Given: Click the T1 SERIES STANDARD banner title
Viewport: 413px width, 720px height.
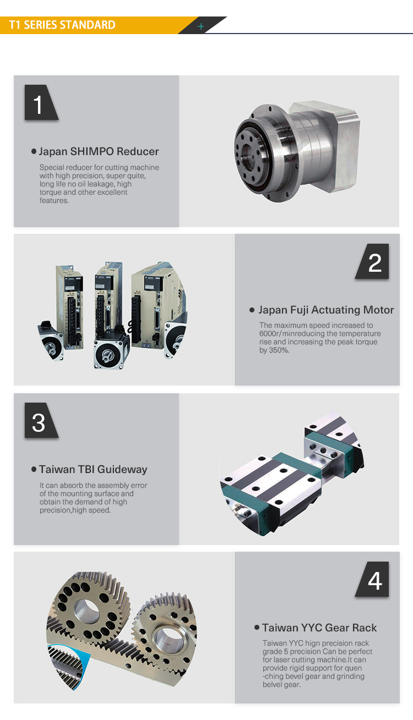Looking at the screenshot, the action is pos(62,25).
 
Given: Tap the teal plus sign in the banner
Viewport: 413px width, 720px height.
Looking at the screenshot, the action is pos(200,26).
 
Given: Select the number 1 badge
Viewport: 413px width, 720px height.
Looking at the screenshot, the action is pos(41,102).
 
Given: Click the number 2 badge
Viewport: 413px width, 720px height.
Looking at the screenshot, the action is pos(373,261).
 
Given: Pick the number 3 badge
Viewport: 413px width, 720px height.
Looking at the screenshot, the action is pos(41,420).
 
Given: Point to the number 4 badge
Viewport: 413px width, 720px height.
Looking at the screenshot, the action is pos(373,579).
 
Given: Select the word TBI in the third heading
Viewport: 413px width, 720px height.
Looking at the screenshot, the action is pos(86,469).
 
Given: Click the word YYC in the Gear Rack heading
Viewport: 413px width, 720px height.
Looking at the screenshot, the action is pos(311,628).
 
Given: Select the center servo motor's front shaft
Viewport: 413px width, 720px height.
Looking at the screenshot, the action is pos(106,355).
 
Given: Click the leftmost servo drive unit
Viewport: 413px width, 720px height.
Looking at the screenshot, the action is pos(70,307).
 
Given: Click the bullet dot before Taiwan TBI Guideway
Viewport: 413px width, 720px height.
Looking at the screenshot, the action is pos(34,469).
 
